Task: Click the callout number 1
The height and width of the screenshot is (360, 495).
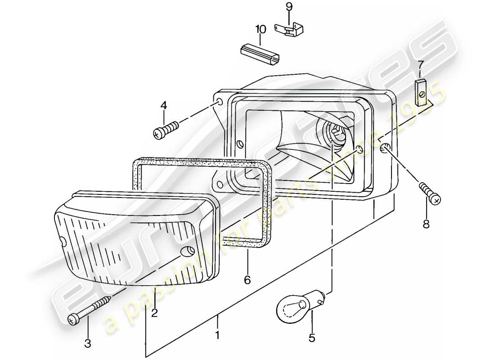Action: [x=217, y=335]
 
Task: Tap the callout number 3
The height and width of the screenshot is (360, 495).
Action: [x=88, y=344]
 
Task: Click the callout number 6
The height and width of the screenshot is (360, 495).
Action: [x=247, y=280]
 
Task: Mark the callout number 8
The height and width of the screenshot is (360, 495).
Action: [x=426, y=224]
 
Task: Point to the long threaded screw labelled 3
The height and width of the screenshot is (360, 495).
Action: [x=92, y=309]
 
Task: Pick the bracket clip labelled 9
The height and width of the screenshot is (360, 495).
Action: [x=290, y=29]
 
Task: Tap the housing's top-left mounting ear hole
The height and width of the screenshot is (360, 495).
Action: [x=220, y=102]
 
